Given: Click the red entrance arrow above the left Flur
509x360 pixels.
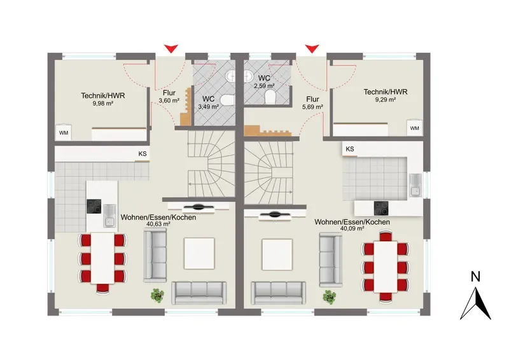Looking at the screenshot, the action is click(171, 49).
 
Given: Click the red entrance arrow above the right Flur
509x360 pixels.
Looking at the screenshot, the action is click(312, 49).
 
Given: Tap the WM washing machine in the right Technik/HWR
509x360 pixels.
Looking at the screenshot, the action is click(415, 128).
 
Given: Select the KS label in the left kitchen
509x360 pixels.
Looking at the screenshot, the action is click(143, 154).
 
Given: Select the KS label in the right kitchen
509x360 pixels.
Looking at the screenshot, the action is click(350, 149).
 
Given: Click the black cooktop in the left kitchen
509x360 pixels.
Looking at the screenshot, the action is click(94, 207).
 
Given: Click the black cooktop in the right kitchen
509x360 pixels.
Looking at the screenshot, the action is click(381, 209).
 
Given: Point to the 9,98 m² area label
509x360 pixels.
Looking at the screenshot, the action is click(103, 104).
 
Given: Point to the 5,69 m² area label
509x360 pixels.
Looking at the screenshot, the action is click(312, 107).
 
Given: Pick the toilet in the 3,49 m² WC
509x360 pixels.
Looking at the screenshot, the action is click(227, 100).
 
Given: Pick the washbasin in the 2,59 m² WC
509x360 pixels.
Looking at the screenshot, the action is click(249, 76).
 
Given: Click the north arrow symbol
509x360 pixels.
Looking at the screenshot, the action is click(475, 304).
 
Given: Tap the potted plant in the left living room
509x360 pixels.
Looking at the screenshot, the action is click(157, 295).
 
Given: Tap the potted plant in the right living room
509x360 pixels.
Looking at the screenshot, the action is click(330, 297).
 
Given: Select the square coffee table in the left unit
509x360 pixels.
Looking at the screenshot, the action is click(199, 253).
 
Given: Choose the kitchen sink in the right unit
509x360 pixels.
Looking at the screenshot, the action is click(415, 185).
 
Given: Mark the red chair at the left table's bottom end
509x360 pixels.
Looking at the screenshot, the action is click(103, 288).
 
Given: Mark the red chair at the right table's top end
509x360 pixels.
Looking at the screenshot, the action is click(386, 235).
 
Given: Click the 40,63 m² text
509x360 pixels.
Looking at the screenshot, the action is click(158, 224).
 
